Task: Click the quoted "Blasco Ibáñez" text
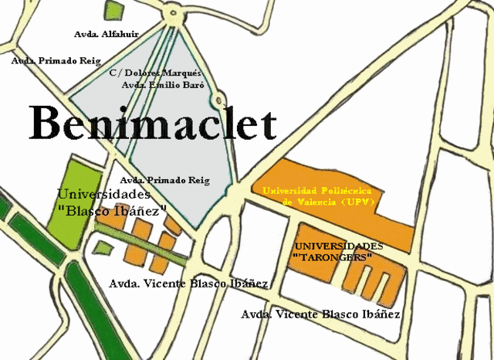[x=112, y=210]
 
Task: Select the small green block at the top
[x=114, y=10]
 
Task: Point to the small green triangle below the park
[x=102, y=248]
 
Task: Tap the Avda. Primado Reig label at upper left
[x=56, y=59]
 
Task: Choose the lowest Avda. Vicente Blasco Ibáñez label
[x=320, y=314]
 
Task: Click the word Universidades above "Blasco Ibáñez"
[x=104, y=195]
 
